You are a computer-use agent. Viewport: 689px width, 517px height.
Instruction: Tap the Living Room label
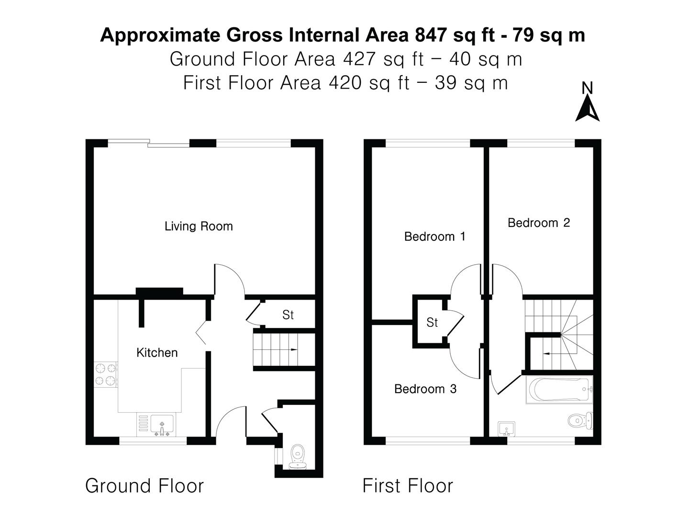coord(199,226)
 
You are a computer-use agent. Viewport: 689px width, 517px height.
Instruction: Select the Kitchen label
coord(157,353)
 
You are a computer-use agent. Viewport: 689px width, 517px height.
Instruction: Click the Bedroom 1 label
coord(434,236)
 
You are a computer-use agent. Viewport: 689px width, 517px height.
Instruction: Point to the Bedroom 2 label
coord(539,223)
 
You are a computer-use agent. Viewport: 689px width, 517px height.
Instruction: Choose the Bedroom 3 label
coord(425,389)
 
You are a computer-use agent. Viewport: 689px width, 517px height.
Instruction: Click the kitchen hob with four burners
coord(106,374)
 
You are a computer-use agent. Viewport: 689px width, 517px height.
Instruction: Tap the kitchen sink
coord(162,425)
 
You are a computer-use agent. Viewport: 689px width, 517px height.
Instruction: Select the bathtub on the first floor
coord(558,390)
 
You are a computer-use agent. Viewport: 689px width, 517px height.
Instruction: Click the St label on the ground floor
coord(288,315)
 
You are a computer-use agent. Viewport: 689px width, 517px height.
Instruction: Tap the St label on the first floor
coord(432,323)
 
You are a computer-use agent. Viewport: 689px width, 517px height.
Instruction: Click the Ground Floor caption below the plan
coord(144,486)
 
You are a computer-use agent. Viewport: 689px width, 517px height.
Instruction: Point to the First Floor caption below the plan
coord(408,486)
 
